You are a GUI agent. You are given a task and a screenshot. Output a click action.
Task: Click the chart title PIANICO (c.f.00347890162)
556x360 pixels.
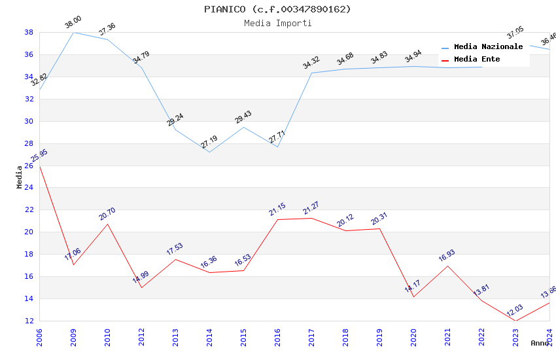click(x=277, y=9)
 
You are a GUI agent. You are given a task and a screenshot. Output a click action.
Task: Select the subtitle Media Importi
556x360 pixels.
click(x=277, y=23)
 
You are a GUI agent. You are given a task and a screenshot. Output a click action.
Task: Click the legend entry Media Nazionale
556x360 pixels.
click(x=488, y=47)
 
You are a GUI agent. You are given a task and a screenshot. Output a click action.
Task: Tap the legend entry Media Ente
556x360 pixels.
click(x=477, y=60)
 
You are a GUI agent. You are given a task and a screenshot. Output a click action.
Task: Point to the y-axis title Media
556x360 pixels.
click(x=20, y=177)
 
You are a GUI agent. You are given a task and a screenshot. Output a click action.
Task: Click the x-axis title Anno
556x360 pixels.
click(x=540, y=343)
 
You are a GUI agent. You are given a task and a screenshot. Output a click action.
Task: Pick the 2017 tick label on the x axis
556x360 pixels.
click(x=311, y=338)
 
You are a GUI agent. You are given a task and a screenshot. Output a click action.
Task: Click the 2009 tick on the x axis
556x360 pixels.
click(x=73, y=338)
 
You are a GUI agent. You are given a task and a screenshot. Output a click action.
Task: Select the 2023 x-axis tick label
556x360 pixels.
click(x=515, y=338)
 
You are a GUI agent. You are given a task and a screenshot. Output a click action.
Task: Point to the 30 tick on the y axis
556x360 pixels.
click(x=29, y=121)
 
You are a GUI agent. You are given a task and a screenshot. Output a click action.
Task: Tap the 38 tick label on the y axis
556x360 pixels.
click(x=29, y=32)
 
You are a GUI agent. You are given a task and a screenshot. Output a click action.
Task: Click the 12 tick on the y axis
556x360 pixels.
click(x=29, y=321)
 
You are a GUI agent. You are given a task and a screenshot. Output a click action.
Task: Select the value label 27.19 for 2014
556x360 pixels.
click(x=209, y=142)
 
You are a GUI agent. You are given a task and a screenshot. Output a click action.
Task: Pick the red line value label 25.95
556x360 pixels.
click(x=39, y=156)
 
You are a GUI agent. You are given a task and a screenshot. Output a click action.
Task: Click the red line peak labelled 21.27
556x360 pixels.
click(x=311, y=218)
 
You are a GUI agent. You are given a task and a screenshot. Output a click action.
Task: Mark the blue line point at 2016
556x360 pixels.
click(x=277, y=147)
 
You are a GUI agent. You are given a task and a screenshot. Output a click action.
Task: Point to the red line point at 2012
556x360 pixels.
click(x=141, y=287)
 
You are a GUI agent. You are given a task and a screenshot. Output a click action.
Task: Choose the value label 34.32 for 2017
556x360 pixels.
click(x=311, y=63)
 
